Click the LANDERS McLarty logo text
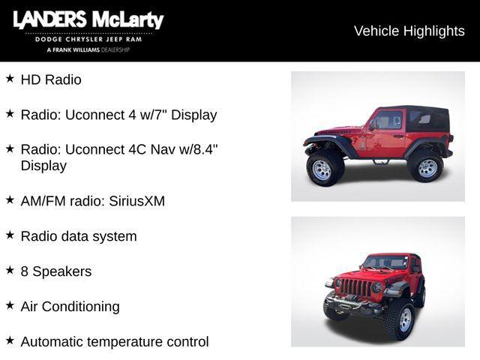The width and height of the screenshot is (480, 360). tap(88, 20)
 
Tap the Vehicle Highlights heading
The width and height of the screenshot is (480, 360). tap(409, 31)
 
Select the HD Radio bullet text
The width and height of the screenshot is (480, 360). tap(51, 79)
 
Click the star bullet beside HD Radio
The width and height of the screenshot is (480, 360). tap(10, 78)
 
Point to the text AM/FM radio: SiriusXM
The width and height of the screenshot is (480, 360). tap(92, 201)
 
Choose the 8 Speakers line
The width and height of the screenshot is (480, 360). tap(56, 271)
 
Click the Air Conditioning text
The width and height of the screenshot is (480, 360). tap(70, 307)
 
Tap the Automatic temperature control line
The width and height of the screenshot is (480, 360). tap(115, 342)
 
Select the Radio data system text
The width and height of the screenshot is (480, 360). tap(79, 236)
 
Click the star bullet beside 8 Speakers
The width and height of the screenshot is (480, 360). tap(10, 270)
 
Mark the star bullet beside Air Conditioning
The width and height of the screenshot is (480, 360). tap(10, 305)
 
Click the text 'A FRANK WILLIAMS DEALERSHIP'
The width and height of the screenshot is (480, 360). tap(88, 49)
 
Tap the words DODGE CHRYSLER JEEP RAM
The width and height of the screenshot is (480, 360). tap(88, 40)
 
